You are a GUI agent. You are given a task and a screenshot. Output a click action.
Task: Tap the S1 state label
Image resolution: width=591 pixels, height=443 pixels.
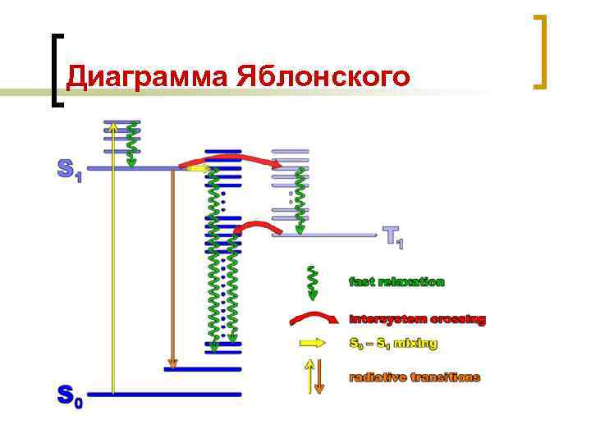[69, 170]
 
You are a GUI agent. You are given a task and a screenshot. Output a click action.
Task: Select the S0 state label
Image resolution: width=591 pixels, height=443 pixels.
[69, 396]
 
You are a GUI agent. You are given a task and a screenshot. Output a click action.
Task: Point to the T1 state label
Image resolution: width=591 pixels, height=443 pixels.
[393, 236]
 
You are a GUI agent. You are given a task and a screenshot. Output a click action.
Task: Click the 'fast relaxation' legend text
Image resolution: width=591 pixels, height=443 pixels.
[397, 281]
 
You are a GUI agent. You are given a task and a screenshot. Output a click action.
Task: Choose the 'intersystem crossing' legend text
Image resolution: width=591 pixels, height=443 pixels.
[417, 319]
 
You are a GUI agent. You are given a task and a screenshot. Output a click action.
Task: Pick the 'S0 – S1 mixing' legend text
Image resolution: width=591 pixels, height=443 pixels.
[393, 344]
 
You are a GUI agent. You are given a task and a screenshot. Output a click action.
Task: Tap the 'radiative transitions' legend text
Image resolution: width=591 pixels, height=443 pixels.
[415, 377]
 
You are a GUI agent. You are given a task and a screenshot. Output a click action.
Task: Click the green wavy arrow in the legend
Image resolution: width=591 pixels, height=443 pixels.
[312, 281]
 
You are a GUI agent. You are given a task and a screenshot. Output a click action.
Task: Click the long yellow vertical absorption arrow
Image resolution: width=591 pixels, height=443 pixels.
[113, 263]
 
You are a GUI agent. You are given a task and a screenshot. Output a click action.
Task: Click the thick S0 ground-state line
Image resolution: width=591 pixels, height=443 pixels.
[164, 395]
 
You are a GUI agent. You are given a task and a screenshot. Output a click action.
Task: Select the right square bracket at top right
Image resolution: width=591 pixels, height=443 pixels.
[540, 51]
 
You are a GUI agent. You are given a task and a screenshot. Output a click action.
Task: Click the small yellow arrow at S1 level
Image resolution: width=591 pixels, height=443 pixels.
[196, 168]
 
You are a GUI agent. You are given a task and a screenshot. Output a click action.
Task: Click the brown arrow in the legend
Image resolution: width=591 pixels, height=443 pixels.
[319, 377]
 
